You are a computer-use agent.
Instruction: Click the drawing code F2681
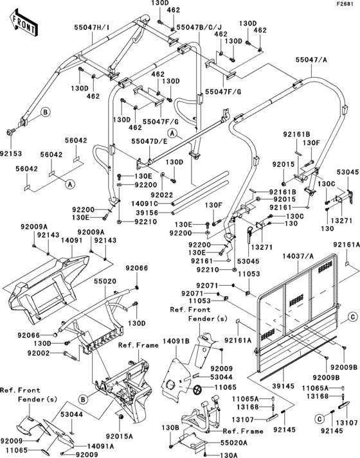pos(345,4)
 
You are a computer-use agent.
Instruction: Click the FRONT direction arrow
pos(22,24)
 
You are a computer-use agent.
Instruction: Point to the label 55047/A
pos(311,58)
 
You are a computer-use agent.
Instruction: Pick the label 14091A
pos(101,446)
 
